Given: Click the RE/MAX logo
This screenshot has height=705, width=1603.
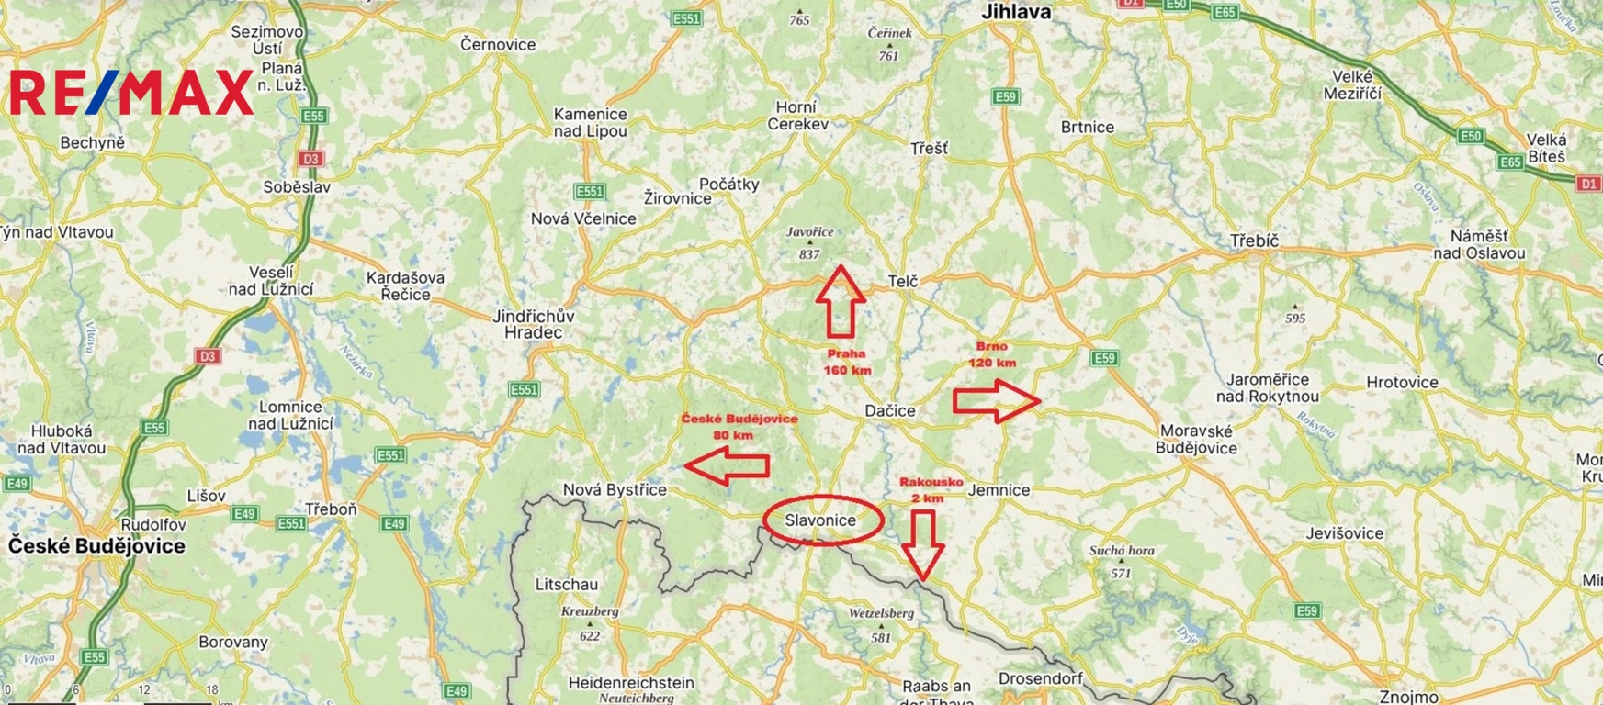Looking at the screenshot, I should [x=131, y=93].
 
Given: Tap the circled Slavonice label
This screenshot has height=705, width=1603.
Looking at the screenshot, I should [x=821, y=520].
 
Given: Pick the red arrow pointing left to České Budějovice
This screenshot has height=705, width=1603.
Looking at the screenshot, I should [x=728, y=465].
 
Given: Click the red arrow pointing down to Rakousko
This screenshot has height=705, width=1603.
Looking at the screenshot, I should [x=922, y=544].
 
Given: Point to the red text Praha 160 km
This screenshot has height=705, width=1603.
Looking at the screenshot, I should [x=847, y=362].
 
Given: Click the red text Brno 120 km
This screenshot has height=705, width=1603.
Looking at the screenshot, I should [x=992, y=354].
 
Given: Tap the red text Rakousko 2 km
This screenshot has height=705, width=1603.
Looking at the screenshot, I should [x=931, y=489].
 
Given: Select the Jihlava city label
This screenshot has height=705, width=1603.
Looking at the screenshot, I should [x=1015, y=13].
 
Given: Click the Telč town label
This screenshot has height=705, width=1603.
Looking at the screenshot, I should [x=903, y=281].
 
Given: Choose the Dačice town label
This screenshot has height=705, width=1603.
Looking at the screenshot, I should [x=889, y=411].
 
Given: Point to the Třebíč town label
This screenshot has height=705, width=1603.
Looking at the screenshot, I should [x=1254, y=241].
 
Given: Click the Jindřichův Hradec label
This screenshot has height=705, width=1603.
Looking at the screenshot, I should [x=534, y=324].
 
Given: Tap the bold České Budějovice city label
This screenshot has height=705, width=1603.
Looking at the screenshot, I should [x=96, y=546].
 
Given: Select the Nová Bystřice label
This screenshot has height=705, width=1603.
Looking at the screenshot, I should [x=614, y=490].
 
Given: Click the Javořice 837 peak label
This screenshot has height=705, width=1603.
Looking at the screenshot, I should [x=809, y=243].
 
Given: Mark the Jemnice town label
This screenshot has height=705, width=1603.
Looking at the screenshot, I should [x=999, y=490].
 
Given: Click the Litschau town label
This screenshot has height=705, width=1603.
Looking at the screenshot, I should [x=566, y=584].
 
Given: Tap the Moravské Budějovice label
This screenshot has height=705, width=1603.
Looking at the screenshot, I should [x=1196, y=440].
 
